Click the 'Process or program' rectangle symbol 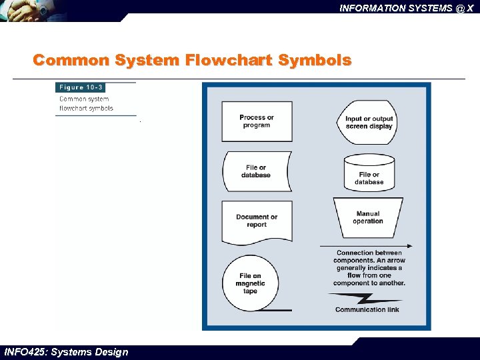coord(257,121)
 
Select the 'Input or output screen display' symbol coord(369,123)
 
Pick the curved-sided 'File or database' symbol coord(256,171)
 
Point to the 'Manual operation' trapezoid coord(368,218)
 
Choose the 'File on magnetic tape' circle coord(250,283)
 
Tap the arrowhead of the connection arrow coord(408,246)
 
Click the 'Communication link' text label coord(369,309)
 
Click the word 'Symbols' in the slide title coord(315,61)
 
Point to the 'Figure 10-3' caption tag coord(81,87)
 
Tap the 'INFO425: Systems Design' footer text coord(66,352)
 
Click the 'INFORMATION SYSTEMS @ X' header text coord(406,8)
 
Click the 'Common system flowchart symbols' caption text coord(86,103)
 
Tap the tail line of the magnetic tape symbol coord(274,310)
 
